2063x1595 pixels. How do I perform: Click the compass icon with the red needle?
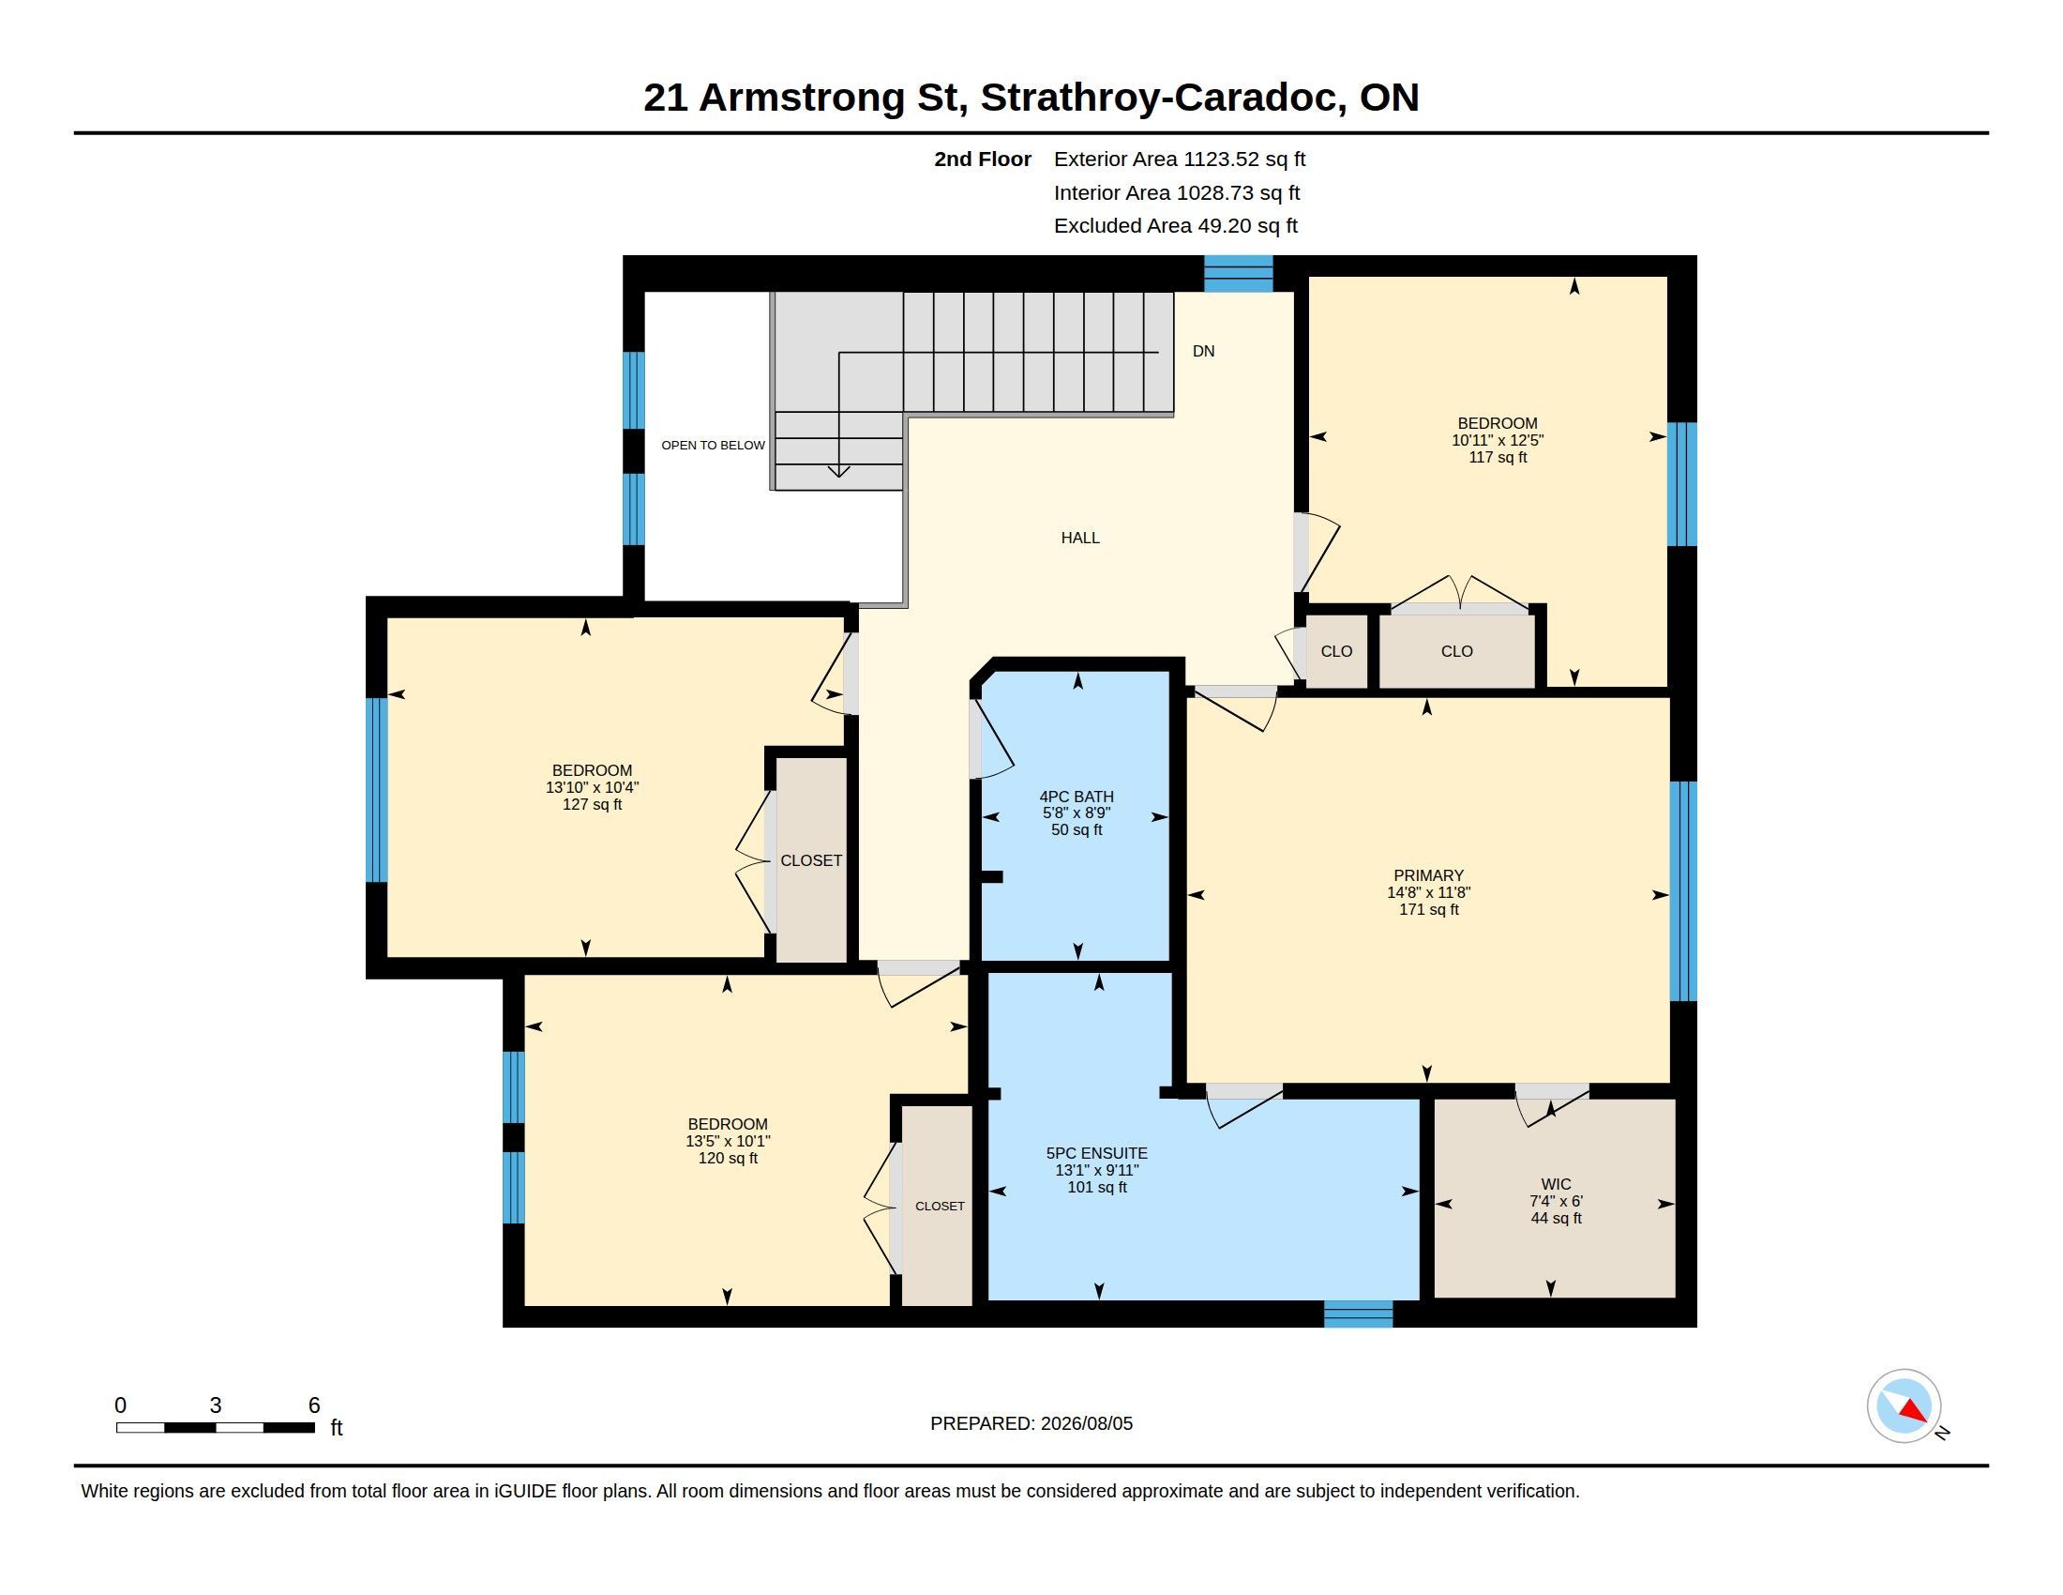(x=1904, y=1406)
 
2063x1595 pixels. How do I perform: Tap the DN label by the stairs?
(x=1203, y=352)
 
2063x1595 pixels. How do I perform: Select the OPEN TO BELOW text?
(x=714, y=445)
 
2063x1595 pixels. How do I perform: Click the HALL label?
(x=1080, y=538)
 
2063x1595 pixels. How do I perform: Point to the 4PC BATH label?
(x=1077, y=797)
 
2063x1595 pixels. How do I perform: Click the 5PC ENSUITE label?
(x=1097, y=1153)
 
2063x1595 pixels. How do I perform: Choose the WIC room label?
(x=1557, y=1184)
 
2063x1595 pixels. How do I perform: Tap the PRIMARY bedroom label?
(x=1428, y=876)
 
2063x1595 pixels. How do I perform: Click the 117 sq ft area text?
(x=1498, y=457)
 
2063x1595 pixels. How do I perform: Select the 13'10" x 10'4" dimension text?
(x=593, y=787)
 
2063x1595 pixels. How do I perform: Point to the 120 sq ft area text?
(x=728, y=1159)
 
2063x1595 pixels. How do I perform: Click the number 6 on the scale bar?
(x=314, y=1405)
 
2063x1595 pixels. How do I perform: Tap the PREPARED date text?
(x=1031, y=1424)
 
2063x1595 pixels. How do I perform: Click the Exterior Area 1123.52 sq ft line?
(x=1180, y=159)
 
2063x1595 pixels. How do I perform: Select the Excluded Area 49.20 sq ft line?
(x=1176, y=226)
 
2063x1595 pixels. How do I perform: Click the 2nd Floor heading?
(x=983, y=159)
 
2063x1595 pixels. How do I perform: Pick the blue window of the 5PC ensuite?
(x=1359, y=1314)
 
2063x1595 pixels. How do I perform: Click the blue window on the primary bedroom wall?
(x=1683, y=890)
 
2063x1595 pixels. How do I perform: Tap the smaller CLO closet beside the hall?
(x=1336, y=651)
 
